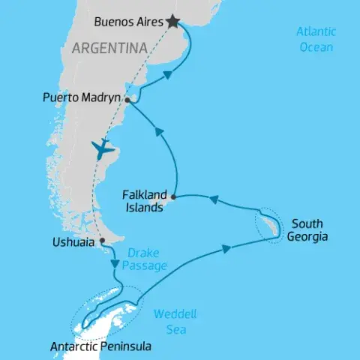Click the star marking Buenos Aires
[174, 22]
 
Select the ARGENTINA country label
[109, 49]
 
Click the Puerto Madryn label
[82, 97]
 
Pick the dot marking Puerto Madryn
[128, 100]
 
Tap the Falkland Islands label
[142, 201]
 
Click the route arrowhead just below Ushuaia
[114, 263]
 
